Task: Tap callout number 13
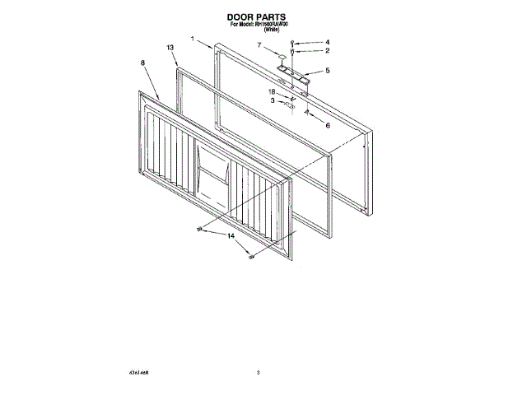click(170, 49)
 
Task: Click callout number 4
click(327, 41)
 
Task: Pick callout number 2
click(327, 51)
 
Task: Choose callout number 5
click(328, 71)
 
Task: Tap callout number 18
click(271, 91)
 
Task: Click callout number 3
click(273, 100)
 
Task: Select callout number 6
click(327, 126)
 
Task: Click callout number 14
click(231, 236)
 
